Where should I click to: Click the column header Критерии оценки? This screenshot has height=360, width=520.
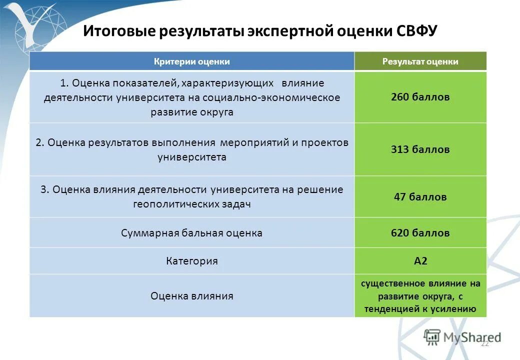[x=191, y=61]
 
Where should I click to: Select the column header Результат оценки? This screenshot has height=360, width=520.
[x=420, y=61]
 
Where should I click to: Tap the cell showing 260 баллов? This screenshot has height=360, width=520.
[x=420, y=97]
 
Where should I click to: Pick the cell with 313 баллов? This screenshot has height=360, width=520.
[x=420, y=149]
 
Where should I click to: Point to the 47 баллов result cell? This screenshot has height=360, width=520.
[x=420, y=197]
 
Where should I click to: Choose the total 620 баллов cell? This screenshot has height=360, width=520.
[x=420, y=233]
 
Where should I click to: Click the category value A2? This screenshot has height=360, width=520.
[x=420, y=261]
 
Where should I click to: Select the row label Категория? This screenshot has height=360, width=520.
[x=191, y=261]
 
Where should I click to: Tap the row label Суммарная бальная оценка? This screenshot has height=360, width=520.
[x=191, y=233]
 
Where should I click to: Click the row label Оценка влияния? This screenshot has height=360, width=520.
[x=191, y=296]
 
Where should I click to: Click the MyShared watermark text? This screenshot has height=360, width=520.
[x=472, y=337]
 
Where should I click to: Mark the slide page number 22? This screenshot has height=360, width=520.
[x=484, y=344]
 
